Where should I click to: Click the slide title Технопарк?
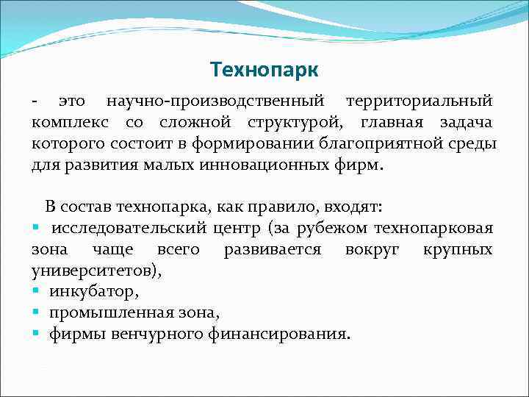point(264,70)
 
